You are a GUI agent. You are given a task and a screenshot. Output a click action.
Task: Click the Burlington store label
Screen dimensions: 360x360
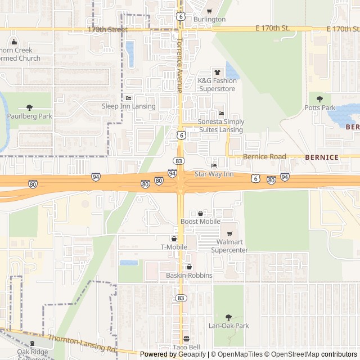pyautogui.click(x=209, y=19)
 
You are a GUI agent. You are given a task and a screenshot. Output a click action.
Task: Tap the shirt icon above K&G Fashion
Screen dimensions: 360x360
pyautogui.click(x=217, y=72)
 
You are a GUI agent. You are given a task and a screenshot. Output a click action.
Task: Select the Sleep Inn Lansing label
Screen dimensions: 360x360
pyautogui.click(x=128, y=106)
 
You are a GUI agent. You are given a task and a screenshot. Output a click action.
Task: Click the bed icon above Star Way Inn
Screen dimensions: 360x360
pyautogui.click(x=214, y=165)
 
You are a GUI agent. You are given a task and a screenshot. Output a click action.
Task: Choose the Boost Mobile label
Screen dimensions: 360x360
pyautogui.click(x=200, y=222)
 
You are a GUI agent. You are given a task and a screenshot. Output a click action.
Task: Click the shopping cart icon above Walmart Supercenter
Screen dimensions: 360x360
pyautogui.click(x=229, y=234)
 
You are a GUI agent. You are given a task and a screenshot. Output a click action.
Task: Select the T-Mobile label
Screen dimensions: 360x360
pyautogui.click(x=174, y=247)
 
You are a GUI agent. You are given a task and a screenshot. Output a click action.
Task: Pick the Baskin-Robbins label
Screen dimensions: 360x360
pyautogui.click(x=189, y=275)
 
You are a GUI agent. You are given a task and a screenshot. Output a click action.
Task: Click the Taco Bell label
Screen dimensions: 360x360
pyautogui.click(x=186, y=347)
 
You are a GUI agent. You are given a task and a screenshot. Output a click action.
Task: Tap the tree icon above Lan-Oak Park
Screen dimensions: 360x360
pyautogui.click(x=228, y=317)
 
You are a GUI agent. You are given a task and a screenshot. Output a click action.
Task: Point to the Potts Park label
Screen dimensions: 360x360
pyautogui.click(x=319, y=107)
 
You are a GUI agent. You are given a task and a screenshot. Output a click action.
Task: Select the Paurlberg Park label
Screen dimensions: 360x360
pyautogui.click(x=29, y=116)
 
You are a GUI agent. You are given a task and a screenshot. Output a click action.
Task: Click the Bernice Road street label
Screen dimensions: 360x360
pyautogui.click(x=264, y=157)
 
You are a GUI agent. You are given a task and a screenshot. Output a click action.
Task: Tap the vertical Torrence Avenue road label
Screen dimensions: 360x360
pyautogui.click(x=179, y=66)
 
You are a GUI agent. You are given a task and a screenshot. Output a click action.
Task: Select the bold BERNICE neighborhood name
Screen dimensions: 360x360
pyautogui.click(x=322, y=157)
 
